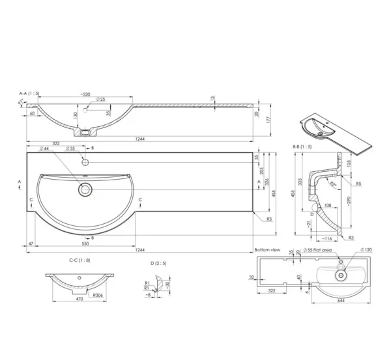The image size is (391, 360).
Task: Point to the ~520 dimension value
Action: pyautogui.click(x=85, y=94)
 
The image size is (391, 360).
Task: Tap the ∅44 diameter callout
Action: pyautogui.click(x=45, y=149)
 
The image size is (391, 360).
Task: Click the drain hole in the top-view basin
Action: pyautogui.click(x=85, y=189)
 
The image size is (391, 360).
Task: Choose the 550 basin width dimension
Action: pyautogui.click(x=85, y=242)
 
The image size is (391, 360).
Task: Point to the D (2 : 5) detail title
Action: pyautogui.click(x=158, y=263)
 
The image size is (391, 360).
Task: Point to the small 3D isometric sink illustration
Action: pyautogui.click(x=336, y=130)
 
